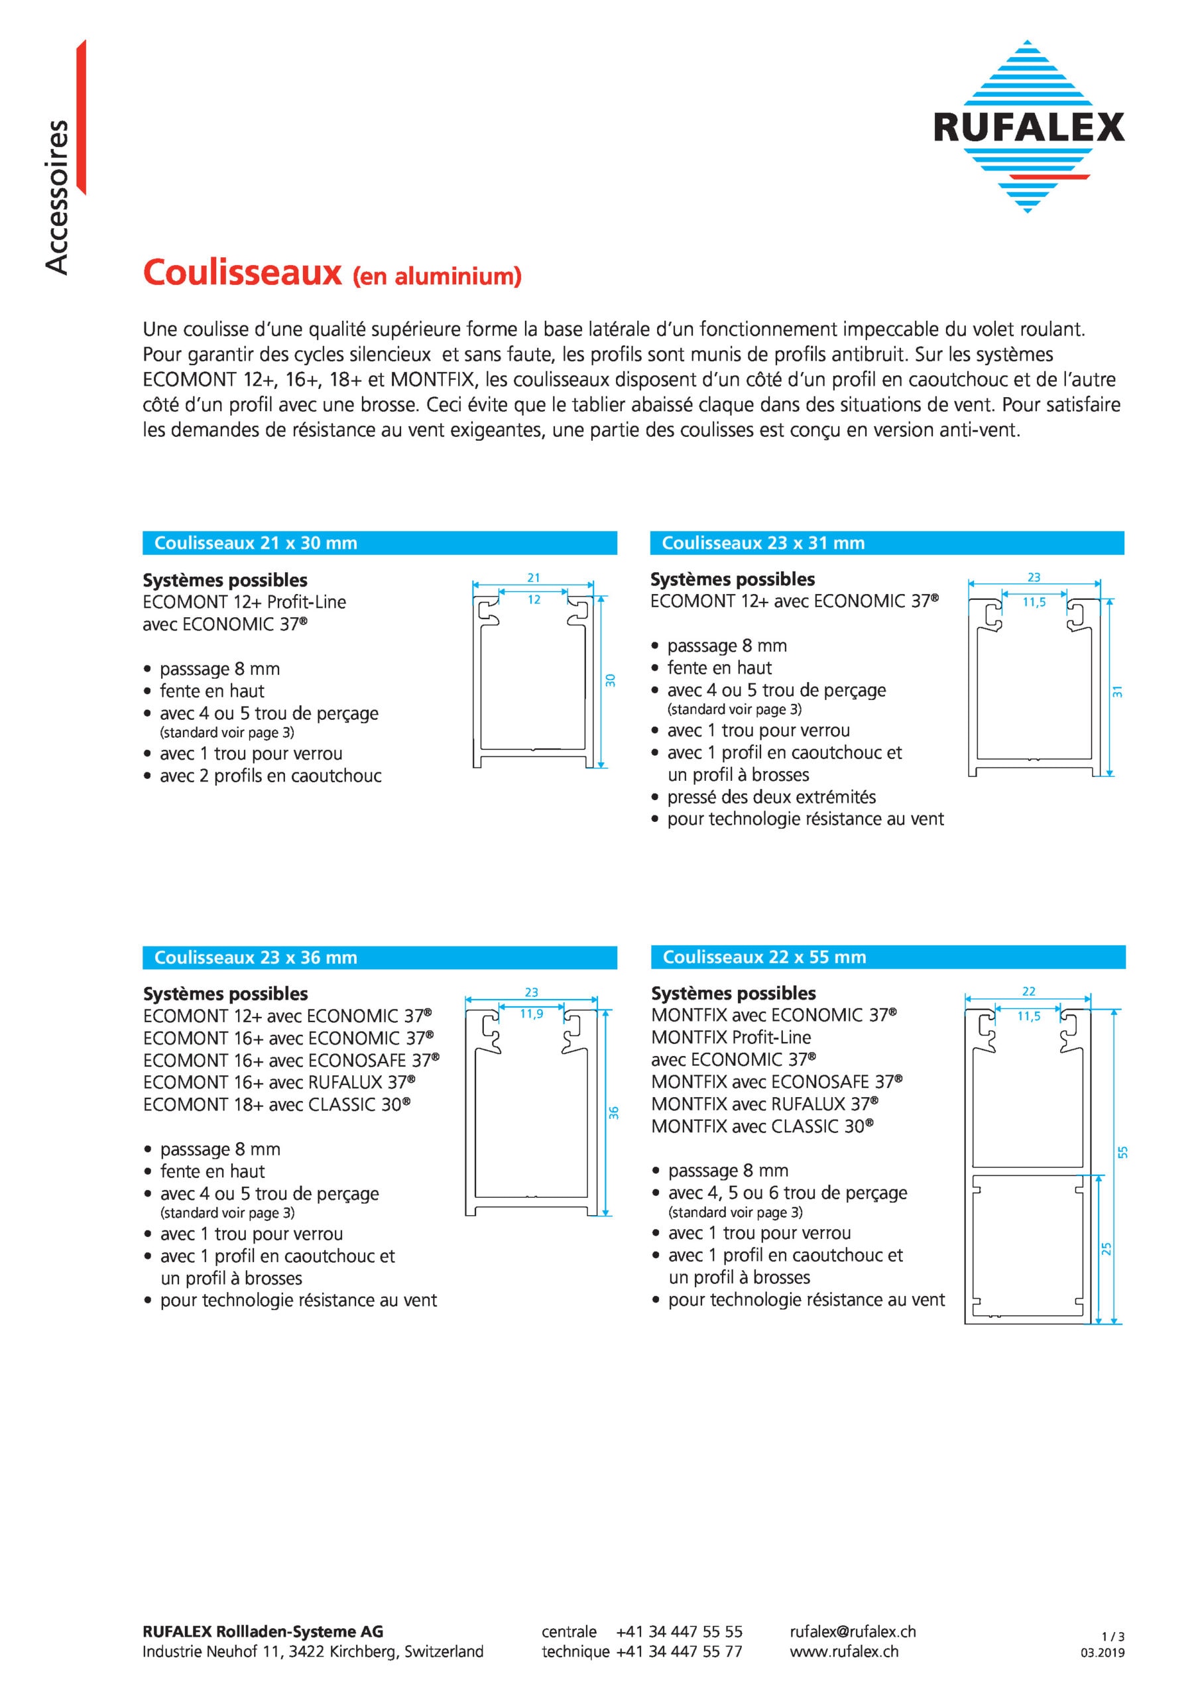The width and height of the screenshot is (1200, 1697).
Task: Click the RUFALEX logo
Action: pos(1028,127)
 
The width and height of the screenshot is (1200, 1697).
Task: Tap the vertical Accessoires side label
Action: pos(57,198)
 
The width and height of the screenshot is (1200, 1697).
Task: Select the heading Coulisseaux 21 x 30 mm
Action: pos(255,544)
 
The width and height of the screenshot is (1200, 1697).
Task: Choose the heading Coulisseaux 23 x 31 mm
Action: pos(762,544)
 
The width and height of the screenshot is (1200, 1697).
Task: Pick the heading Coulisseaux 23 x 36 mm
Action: pos(255,958)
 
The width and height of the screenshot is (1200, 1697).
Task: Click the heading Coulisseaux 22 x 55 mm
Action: pos(764,957)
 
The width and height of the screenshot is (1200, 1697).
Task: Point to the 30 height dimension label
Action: pos(611,681)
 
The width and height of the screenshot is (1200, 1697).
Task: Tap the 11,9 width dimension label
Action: pos(531,1014)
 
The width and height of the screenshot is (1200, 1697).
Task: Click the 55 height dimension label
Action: pos(1123,1152)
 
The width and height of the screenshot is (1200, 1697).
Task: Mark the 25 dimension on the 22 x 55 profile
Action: pos(1107,1248)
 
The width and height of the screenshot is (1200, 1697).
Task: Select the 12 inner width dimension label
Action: pos(534,600)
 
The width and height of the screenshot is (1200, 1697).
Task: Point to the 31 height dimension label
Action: pos(1117,692)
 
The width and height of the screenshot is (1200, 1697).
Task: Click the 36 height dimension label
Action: pos(614,1112)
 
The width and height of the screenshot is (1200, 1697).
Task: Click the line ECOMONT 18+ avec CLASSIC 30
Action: pos(276,1105)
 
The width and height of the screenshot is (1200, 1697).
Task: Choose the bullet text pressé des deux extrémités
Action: pos(771,797)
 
